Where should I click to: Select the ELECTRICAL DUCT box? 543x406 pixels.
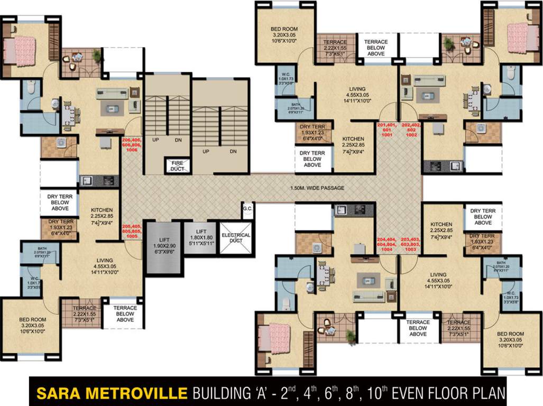(236, 238)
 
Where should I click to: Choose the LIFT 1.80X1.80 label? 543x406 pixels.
(198, 237)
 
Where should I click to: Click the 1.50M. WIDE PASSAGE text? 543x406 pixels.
(317, 188)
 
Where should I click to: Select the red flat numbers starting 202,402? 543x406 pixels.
(411, 130)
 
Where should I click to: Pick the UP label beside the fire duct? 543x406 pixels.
(156, 141)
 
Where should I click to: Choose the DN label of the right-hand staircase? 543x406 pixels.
(233, 151)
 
